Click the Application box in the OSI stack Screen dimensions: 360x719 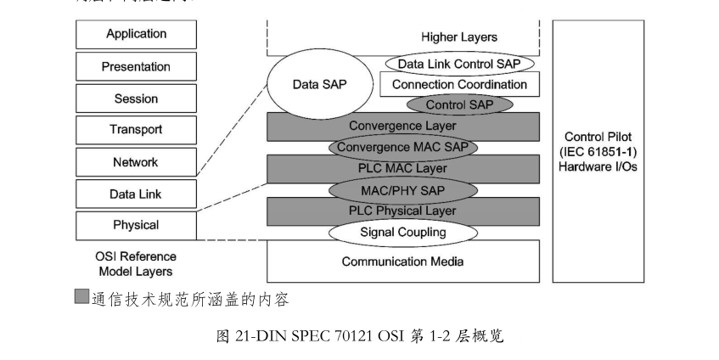pos(136,35)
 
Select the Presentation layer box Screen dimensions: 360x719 pos(136,66)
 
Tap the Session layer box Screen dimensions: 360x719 pos(136,98)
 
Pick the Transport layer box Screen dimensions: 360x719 pos(136,130)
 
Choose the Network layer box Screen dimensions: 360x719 pos(136,162)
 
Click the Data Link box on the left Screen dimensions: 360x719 pos(136,194)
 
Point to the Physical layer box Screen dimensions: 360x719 pos(136,226)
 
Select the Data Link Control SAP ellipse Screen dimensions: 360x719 pos(459,64)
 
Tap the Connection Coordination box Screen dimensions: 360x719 pos(459,84)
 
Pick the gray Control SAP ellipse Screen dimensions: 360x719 pos(459,104)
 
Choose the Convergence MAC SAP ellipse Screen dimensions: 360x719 pos(402,147)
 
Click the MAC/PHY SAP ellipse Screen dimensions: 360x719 pos(402,188)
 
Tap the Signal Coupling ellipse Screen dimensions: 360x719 pos(402,231)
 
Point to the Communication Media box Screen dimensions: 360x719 pos(402,262)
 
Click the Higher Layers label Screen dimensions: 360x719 pos(459,37)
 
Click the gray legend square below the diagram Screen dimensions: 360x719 pos(81,297)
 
